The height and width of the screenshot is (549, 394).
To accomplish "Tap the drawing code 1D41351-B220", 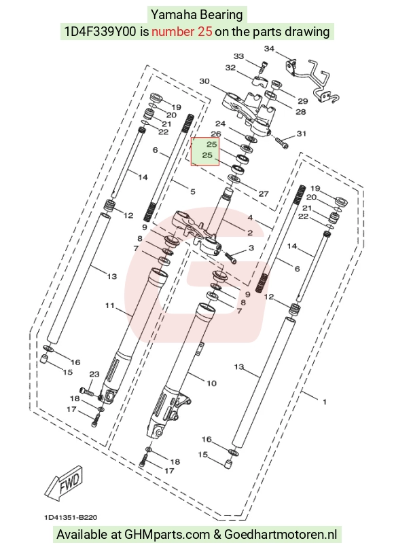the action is click(71, 518).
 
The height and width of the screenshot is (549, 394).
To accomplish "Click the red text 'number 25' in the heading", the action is click(182, 32).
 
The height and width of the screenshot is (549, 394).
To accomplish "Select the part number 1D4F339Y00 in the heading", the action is click(101, 32).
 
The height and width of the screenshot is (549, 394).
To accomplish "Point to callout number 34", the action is click(269, 49).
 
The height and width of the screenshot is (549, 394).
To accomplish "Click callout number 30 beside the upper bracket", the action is click(204, 81).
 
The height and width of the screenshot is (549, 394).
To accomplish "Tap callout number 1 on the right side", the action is click(325, 402).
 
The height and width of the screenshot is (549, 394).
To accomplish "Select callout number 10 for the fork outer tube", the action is click(211, 383).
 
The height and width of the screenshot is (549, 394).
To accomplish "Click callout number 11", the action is click(110, 305).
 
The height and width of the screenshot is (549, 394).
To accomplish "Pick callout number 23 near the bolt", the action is click(94, 375).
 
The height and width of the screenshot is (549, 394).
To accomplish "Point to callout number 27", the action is click(264, 193).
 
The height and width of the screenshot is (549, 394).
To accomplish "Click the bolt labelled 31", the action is click(281, 142).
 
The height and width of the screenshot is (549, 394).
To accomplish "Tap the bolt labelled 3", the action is click(231, 258).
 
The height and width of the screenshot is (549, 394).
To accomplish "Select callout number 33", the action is click(238, 56).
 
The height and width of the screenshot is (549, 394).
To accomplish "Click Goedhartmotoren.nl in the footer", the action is click(281, 535).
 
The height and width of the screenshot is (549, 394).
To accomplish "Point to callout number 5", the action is click(193, 192).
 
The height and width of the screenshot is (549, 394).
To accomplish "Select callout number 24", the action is click(221, 124).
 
